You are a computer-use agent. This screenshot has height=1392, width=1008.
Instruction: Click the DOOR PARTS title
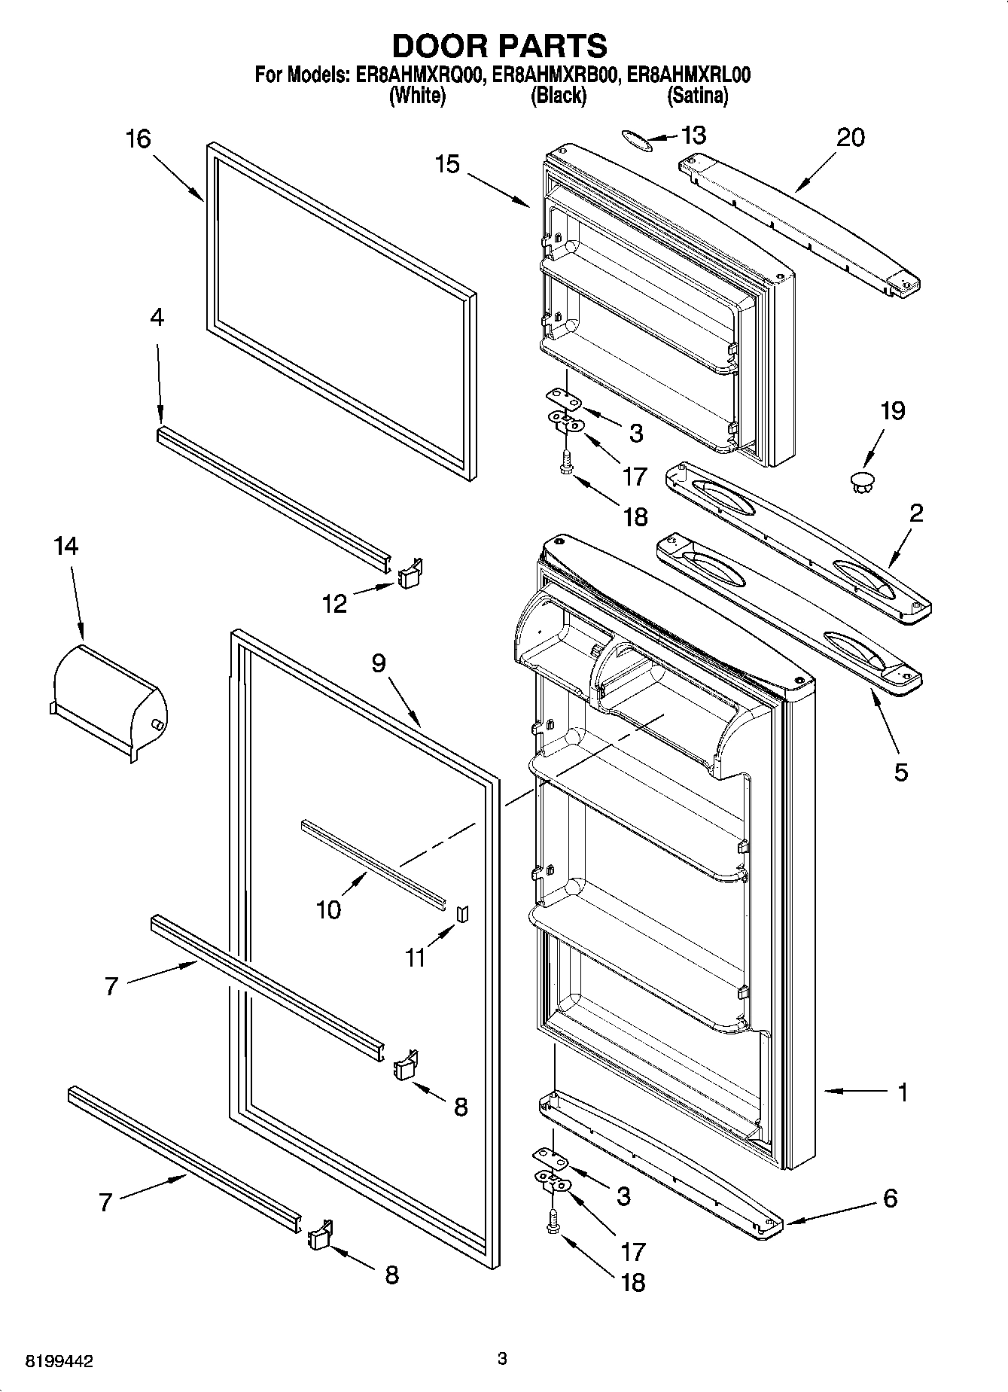tap(500, 47)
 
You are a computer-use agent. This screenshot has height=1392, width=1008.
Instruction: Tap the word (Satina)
tap(697, 96)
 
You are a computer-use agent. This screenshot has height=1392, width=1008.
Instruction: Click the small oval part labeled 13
tap(636, 139)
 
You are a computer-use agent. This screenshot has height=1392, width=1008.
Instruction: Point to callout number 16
tap(138, 139)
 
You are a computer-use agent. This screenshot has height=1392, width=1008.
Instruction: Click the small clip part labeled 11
tap(462, 912)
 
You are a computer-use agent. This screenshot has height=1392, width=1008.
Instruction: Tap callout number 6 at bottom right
tap(890, 1198)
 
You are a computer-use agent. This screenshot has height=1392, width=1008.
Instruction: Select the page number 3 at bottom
tap(502, 1359)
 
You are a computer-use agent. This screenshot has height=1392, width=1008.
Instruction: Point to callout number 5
tap(900, 772)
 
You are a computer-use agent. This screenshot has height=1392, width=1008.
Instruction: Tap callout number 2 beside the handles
tap(915, 513)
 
